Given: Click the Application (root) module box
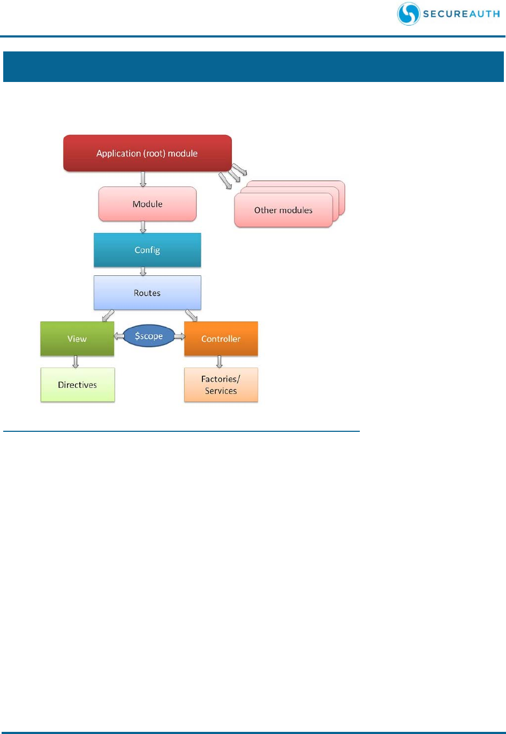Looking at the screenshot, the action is coord(147,153).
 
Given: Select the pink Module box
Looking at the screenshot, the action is coord(147,204).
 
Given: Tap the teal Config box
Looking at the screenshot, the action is coord(147,250).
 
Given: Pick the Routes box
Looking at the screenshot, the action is coord(147,293).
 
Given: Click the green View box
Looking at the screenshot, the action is coord(77,339).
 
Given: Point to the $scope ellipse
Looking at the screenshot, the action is coord(149,336).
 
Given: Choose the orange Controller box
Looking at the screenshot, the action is coord(221,339).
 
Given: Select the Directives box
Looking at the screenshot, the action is coord(78,385).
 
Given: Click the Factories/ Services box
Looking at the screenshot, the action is coord(221,385).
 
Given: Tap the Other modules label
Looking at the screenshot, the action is coord(283,210).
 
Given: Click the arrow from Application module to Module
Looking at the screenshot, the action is coord(143,179).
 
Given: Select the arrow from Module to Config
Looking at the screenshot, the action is coord(143,227).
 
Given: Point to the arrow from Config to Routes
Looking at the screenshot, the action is coord(143,272).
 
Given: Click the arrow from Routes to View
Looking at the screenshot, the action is coord(108,315).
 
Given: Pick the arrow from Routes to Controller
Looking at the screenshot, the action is coord(191,315).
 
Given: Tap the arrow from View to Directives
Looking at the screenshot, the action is coord(75,362).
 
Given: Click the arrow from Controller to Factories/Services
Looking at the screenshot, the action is coord(219,362).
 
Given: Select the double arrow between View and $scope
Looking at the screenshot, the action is coord(119,336).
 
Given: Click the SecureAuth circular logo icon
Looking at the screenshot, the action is coord(409,14).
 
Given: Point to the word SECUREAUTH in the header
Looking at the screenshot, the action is coord(461,14).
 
